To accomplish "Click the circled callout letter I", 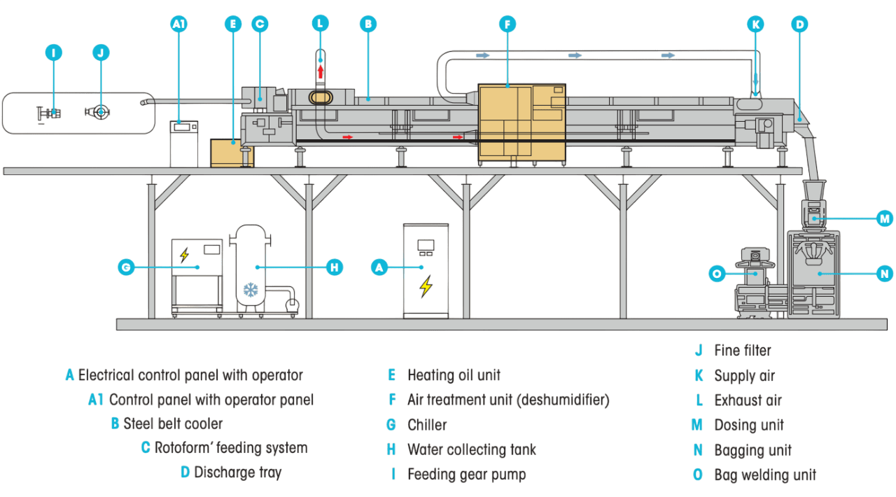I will pos(54,52).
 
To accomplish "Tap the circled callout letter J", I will pos(101,52).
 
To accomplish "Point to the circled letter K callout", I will pos(755,24).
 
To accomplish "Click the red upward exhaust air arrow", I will pos(321,71).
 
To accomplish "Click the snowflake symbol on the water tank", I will pos(251,289).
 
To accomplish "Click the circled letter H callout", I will pos(335,267).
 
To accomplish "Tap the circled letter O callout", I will pos(716,274).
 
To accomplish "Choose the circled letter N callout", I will pos(885,274).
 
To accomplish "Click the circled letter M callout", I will pos(885,218).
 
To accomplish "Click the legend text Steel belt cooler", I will pos(173,423).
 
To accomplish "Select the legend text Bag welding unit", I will pos(765,475).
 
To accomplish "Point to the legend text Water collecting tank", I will pos(471,449).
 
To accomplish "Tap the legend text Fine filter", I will pos(742,350).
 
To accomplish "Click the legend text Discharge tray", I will pos(237,472).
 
